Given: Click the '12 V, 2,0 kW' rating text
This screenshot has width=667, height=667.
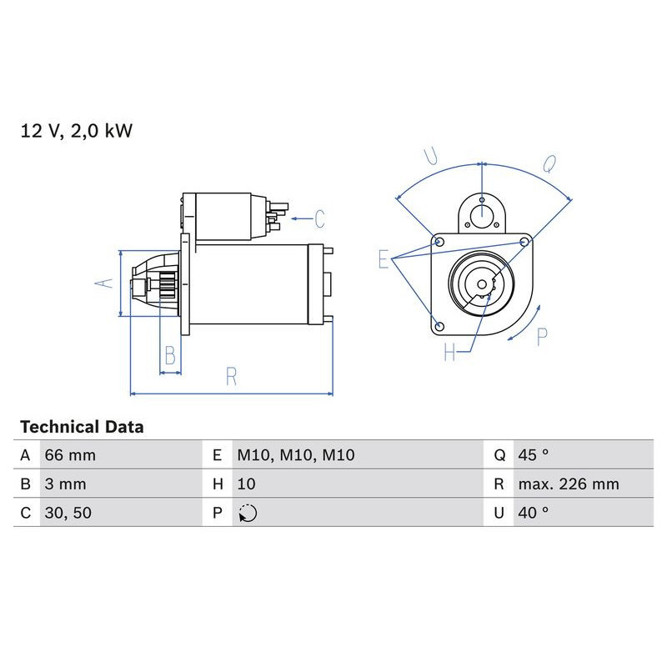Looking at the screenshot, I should click(77, 131).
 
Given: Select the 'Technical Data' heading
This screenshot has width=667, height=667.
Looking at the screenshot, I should click(82, 427).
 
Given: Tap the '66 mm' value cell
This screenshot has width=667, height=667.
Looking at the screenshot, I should click(70, 455).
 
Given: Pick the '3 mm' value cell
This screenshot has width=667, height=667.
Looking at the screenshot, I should click(64, 484).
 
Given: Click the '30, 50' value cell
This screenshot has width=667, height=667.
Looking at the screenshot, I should click(67, 513).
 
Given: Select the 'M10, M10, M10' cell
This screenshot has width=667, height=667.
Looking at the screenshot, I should click(296, 455).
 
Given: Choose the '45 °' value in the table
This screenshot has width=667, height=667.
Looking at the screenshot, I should click(534, 455).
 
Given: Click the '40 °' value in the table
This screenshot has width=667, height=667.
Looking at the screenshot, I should click(534, 513).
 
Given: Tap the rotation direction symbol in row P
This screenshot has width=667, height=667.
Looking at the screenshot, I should click(248, 513).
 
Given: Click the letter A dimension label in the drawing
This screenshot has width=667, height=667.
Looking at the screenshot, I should click(103, 283).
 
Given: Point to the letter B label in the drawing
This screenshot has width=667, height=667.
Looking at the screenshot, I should click(170, 356).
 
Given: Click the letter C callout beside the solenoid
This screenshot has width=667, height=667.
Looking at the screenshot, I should click(318, 219).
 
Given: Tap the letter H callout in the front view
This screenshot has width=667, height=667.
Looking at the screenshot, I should click(450, 354).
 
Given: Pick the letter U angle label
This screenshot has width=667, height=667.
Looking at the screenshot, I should click(431, 156).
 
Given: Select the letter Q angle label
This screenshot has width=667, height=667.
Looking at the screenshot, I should click(549, 164).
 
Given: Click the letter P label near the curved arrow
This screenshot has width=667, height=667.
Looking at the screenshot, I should click(542, 337).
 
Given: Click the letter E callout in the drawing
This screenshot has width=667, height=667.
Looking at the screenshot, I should click(384, 259).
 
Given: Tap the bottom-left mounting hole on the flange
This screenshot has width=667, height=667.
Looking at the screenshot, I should click(440, 324).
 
